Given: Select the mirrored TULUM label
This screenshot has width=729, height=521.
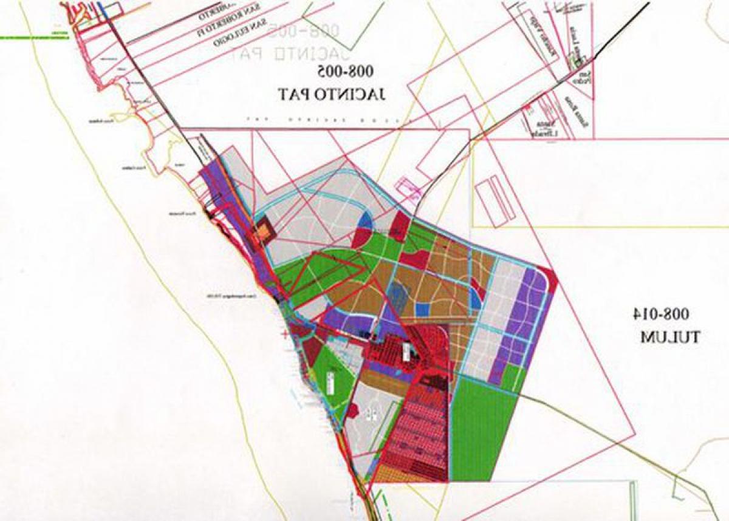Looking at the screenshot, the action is tap(670, 337).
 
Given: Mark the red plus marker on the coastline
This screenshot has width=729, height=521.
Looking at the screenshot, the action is tap(284, 335).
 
